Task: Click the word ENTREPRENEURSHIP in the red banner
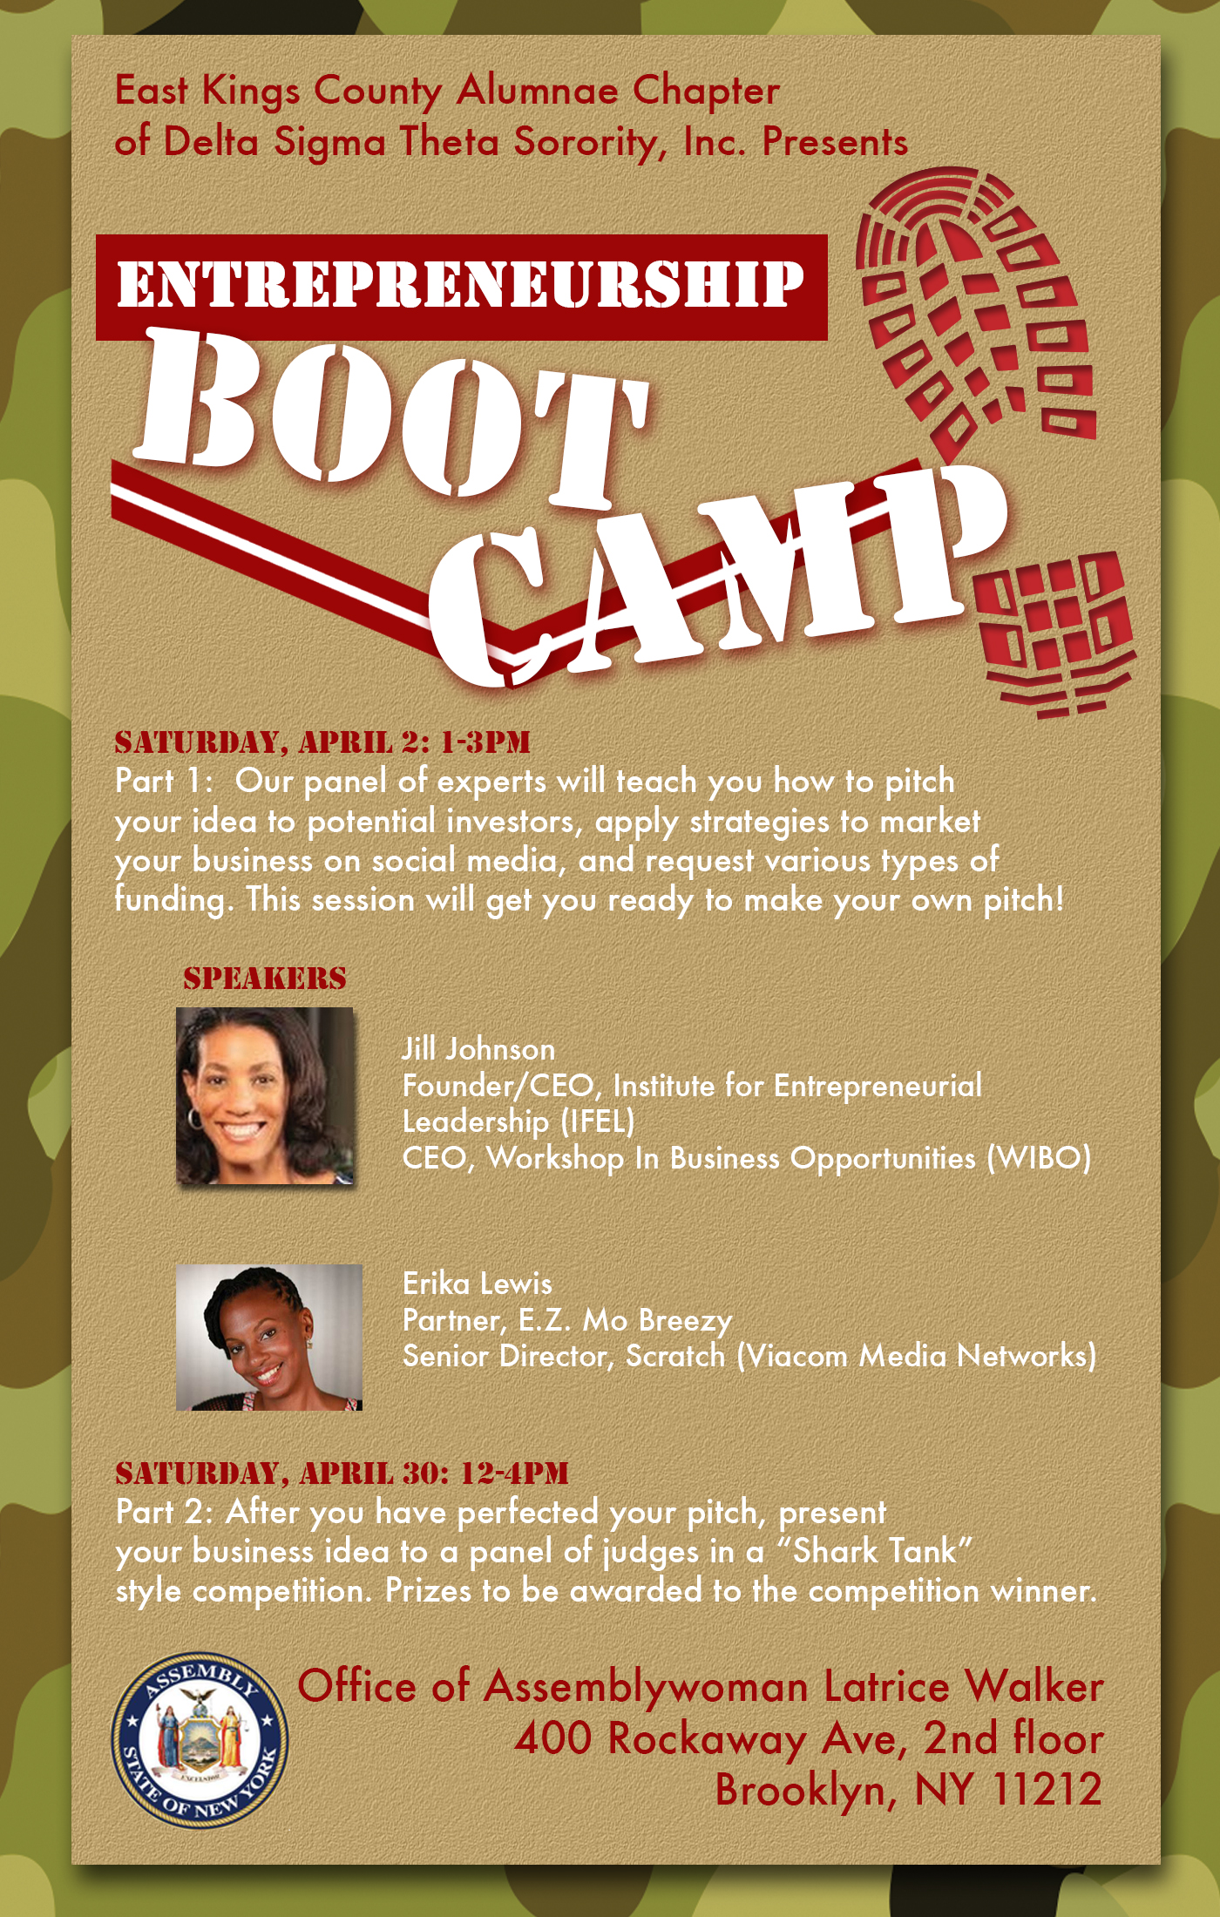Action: point(460,285)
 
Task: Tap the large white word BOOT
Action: point(392,418)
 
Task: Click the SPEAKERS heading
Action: point(265,979)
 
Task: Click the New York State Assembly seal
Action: point(200,1740)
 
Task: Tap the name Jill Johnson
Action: point(478,1049)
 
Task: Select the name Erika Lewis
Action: point(478,1284)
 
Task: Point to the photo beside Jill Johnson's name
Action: point(265,1096)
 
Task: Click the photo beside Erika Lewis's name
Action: point(268,1338)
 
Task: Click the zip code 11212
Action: point(1047,1791)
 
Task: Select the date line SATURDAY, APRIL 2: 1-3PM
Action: point(322,742)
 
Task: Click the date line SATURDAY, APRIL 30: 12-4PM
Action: point(342,1473)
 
